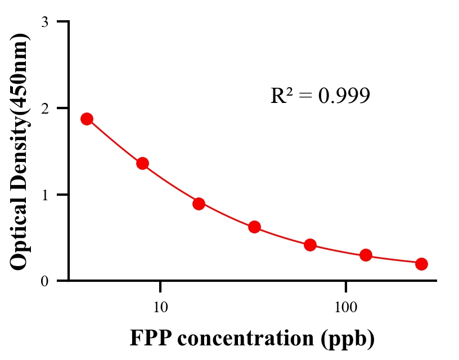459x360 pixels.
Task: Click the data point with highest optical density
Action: pos(87,119)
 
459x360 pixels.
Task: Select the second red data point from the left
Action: pos(142,164)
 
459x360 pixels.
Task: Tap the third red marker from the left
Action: pos(199,204)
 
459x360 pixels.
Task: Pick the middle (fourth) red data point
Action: pos(254,227)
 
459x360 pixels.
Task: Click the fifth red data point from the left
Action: pos(310,245)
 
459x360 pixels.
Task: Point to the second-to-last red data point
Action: pos(366,255)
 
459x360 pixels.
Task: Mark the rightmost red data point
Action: pos(421,264)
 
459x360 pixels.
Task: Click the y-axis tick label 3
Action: pos(44,22)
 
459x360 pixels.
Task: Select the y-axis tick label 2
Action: pos(44,108)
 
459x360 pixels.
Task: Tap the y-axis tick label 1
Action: pos(44,195)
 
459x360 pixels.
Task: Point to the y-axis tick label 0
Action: pos(44,281)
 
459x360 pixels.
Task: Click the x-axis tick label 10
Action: pos(161,308)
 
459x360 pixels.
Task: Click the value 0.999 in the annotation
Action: pos(344,96)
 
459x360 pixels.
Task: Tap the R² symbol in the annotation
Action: pos(281,96)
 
